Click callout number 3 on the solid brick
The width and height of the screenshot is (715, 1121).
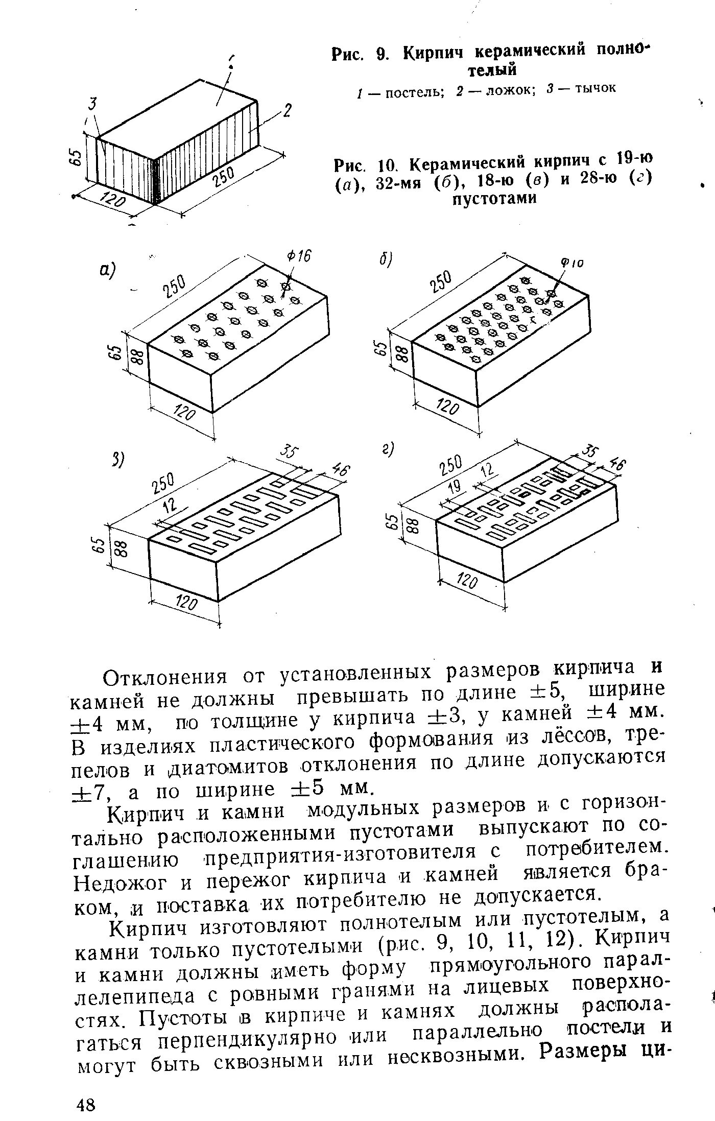[92, 104]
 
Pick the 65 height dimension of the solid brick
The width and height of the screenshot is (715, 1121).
[76, 157]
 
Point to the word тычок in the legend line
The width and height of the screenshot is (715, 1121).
[595, 88]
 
